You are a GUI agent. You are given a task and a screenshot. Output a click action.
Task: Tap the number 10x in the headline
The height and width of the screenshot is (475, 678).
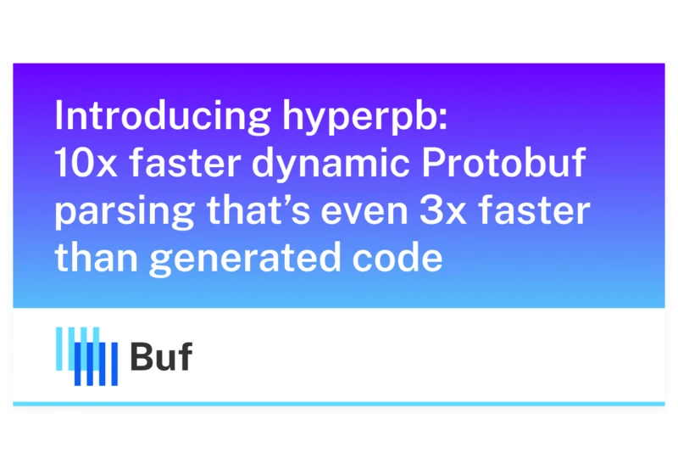click(86, 163)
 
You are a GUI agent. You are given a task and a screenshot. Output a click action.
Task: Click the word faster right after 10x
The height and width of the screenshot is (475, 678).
click(185, 163)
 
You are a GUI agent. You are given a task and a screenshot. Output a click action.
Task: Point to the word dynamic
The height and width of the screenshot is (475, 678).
click(331, 165)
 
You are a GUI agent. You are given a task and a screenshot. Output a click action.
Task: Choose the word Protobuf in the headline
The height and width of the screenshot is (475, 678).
click(503, 163)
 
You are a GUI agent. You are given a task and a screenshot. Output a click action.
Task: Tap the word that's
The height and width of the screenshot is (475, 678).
click(258, 210)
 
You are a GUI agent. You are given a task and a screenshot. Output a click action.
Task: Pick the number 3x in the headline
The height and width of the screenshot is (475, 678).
click(443, 210)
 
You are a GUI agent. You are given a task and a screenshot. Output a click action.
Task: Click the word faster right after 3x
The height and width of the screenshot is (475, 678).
click(535, 210)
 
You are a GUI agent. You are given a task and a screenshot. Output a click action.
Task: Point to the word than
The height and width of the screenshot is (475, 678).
click(97, 257)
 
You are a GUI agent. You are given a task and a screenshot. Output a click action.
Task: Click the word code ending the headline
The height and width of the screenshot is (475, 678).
click(397, 257)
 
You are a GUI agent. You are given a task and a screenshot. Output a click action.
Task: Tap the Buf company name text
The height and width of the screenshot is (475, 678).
click(161, 356)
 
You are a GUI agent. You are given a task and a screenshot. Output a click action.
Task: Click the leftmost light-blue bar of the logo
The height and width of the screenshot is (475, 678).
click(58, 349)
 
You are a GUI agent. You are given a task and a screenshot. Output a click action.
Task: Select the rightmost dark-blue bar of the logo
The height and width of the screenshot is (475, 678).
click(114, 364)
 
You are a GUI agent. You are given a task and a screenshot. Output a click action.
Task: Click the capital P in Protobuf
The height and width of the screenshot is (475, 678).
click(433, 163)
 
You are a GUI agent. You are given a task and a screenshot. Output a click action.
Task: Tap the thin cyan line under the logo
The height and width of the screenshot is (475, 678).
click(339, 404)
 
